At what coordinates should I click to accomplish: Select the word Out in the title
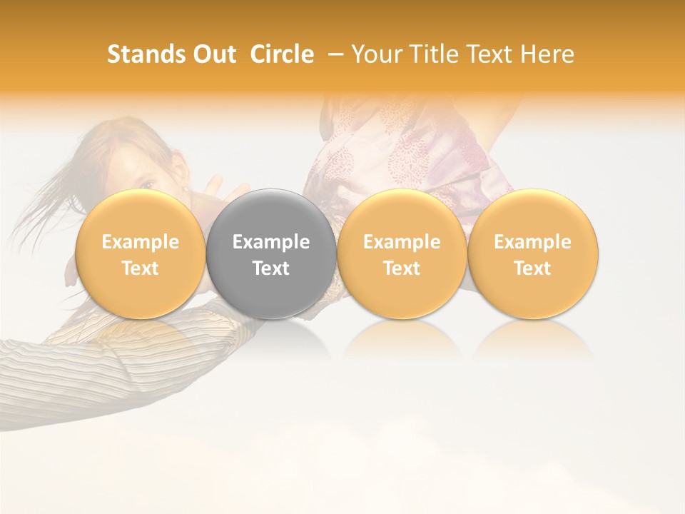tap(213, 54)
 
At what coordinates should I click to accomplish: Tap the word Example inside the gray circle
tap(271, 242)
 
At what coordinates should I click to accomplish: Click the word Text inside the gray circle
tap(271, 268)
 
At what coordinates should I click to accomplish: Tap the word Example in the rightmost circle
tap(533, 242)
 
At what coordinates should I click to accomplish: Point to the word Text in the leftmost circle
tap(141, 268)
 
